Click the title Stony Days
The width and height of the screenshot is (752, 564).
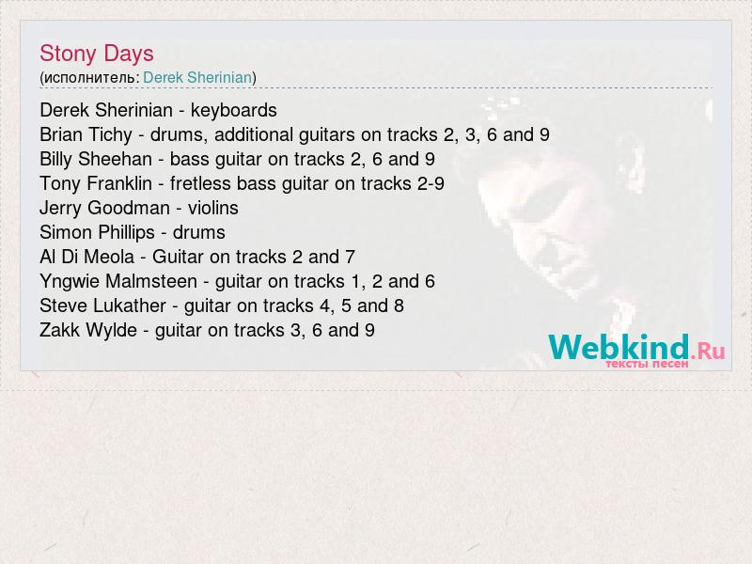(x=97, y=54)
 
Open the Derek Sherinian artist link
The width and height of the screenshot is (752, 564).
(x=197, y=77)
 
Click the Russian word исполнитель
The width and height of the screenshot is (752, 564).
(x=89, y=78)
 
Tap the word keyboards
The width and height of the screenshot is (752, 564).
(x=233, y=111)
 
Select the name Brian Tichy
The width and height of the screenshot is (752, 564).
(x=86, y=135)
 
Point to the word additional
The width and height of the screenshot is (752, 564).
(x=254, y=134)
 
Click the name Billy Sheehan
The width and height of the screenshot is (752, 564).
(x=96, y=159)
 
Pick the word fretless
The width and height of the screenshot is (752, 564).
(x=200, y=183)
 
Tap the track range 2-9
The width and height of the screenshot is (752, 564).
(x=431, y=183)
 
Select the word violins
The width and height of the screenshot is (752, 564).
(x=213, y=208)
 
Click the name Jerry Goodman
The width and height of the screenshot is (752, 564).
(x=104, y=209)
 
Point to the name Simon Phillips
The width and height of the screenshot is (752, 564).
(x=98, y=233)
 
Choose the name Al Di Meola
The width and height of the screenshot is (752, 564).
(x=86, y=257)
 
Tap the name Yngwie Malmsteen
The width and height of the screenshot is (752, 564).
(x=118, y=282)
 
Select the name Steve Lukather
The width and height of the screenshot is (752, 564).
(x=103, y=306)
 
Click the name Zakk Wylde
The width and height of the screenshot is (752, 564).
(x=88, y=331)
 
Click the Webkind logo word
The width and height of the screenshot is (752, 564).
(x=619, y=347)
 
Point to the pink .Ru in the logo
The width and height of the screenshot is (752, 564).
(x=708, y=352)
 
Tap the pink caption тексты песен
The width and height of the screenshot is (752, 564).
(x=647, y=364)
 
